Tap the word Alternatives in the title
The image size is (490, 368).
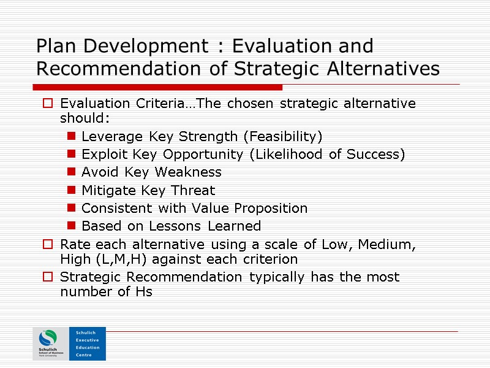tap(385, 69)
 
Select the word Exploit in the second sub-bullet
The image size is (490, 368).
tap(101, 154)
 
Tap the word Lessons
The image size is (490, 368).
tap(162, 226)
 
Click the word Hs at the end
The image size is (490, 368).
tap(142, 292)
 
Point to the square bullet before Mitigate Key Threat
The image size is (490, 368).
tap(72, 190)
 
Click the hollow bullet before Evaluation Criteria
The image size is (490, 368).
tap(48, 104)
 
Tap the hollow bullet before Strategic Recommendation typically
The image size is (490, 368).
tap(48, 277)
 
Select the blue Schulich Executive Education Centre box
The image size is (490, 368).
tap(87, 343)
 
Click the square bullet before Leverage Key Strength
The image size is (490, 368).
tap(72, 136)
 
